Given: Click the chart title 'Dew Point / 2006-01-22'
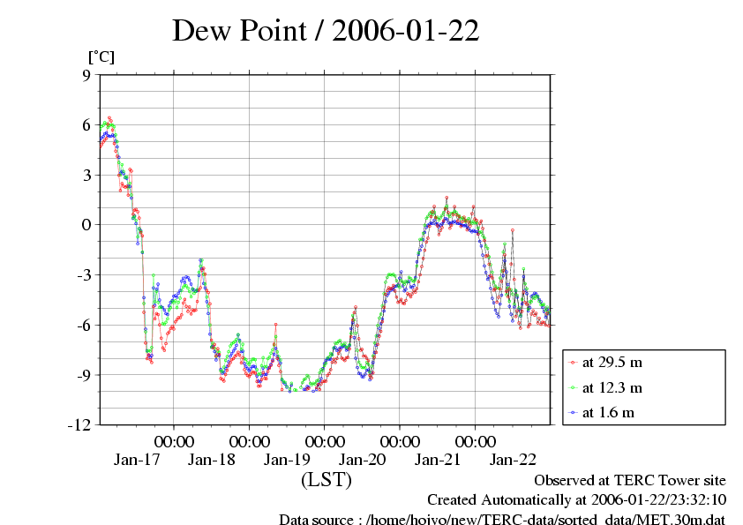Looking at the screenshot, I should coord(326,31).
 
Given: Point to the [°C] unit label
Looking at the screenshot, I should coord(101,57).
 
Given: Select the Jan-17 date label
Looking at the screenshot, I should coord(137,459).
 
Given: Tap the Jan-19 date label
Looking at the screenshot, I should coord(288,459).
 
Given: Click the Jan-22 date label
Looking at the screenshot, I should coord(513,459).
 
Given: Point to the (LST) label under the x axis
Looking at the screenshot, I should coord(326,480).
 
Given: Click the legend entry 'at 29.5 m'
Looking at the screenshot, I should coord(612,362).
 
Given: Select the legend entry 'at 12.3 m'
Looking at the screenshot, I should coord(612,387).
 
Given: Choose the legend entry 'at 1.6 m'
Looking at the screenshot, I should coord(608,412).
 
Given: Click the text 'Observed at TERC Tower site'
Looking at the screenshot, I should coord(630,480).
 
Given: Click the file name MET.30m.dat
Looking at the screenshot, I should coord(683,519).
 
